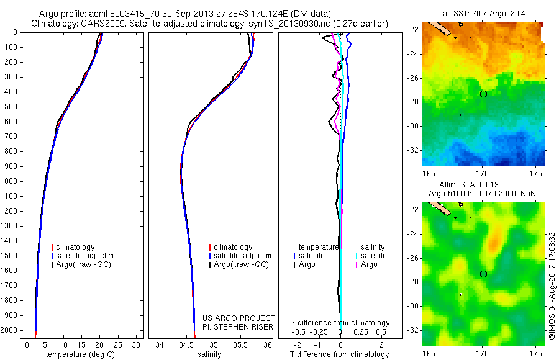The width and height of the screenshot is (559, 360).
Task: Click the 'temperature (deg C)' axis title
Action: click(77, 354)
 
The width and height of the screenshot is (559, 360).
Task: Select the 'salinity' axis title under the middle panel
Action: click(209, 354)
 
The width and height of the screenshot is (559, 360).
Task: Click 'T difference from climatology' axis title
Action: click(340, 354)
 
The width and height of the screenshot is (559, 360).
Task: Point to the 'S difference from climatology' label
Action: click(340, 323)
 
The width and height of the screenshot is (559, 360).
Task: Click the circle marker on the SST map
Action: click(483, 94)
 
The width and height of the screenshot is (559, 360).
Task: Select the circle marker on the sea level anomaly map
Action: click(483, 274)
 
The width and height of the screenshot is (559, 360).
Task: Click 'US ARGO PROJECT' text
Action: click(239, 318)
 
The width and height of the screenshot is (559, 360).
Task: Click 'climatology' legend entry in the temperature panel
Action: click(77, 247)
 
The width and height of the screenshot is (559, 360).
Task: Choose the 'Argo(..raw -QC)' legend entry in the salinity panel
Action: click(241, 264)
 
